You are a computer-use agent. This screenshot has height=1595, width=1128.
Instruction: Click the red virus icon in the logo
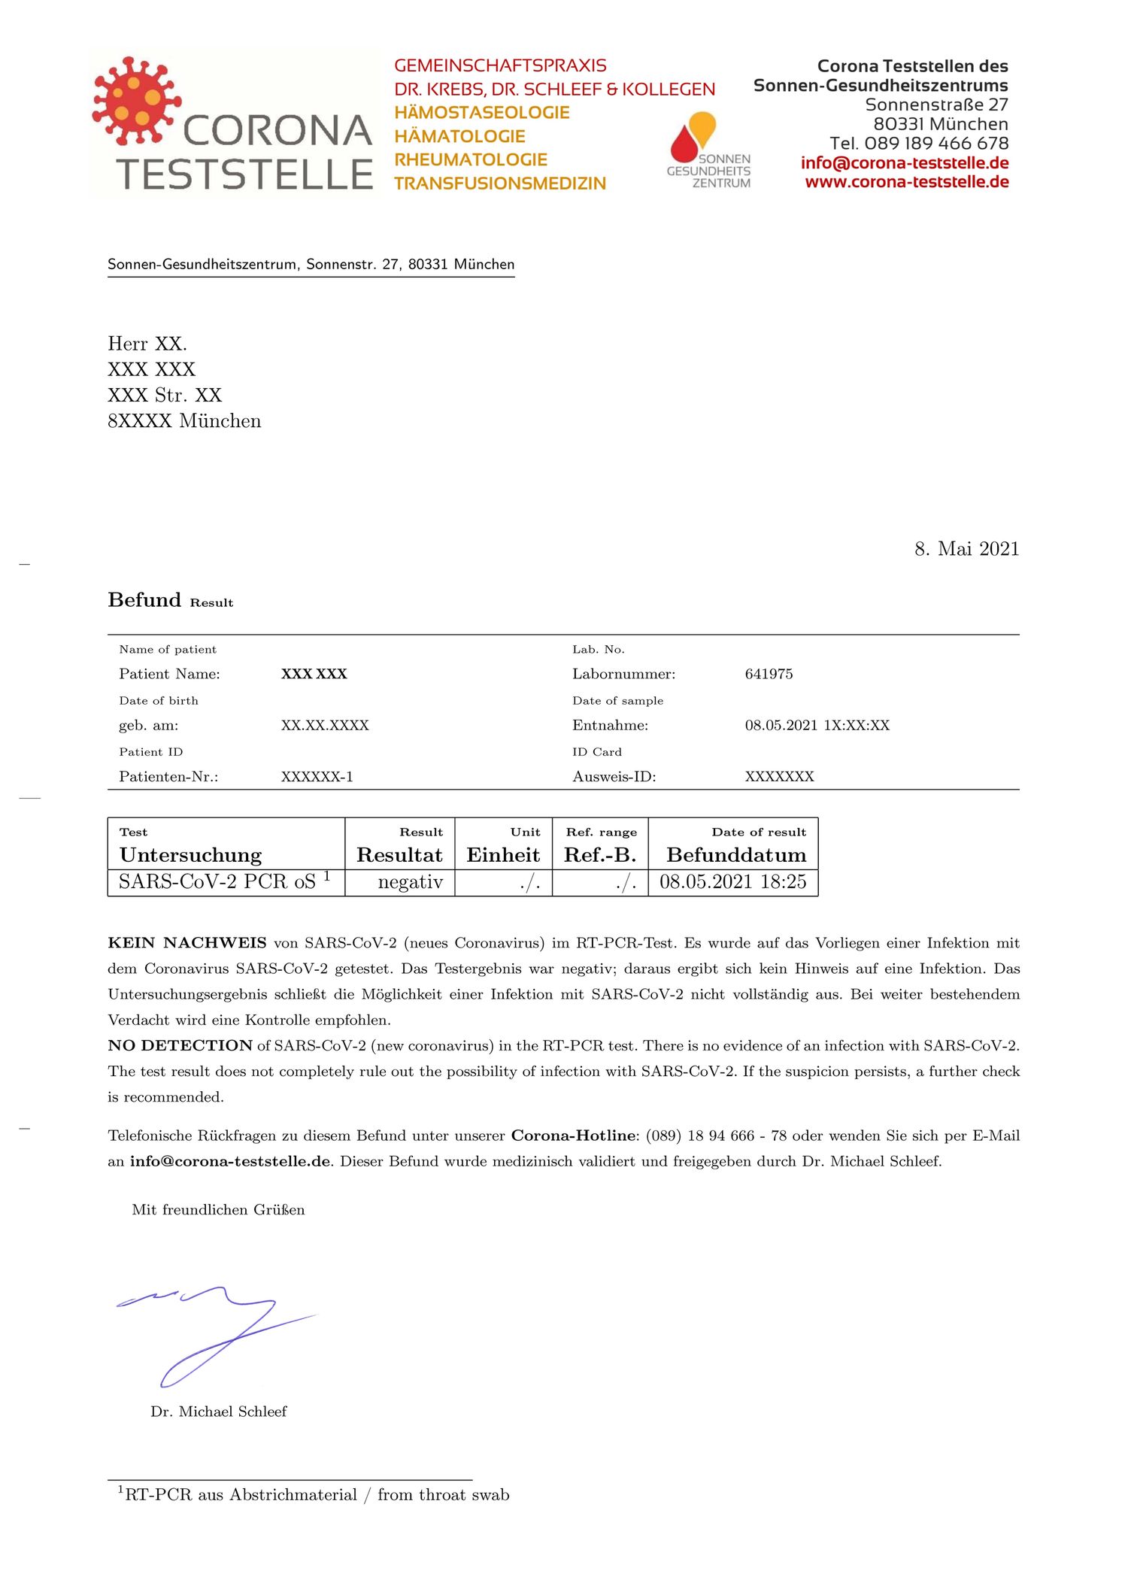pyautogui.click(x=135, y=99)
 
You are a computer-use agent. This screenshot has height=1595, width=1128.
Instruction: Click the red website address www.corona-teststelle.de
pyautogui.click(x=906, y=182)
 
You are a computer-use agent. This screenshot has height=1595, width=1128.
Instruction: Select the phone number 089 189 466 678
pyautogui.click(x=936, y=144)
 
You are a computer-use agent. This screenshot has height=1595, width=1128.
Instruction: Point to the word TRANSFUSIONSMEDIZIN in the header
pyautogui.click(x=500, y=183)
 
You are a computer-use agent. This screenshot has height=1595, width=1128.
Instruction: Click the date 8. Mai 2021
pyautogui.click(x=966, y=549)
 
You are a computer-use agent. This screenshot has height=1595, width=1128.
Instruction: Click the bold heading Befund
pyautogui.click(x=144, y=600)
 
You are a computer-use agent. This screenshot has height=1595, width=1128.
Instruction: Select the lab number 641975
pyautogui.click(x=769, y=674)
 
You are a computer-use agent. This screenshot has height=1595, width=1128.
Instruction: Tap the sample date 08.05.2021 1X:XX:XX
pyautogui.click(x=817, y=726)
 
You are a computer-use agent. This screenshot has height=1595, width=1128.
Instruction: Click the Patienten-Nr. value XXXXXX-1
pyautogui.click(x=317, y=777)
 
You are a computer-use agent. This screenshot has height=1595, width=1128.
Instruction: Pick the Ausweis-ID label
pyautogui.click(x=614, y=777)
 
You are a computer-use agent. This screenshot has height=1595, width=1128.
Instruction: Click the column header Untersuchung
pyautogui.click(x=190, y=855)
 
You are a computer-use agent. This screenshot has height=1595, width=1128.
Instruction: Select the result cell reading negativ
pyautogui.click(x=410, y=881)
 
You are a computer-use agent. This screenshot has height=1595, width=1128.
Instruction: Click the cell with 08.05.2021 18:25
pyautogui.click(x=732, y=881)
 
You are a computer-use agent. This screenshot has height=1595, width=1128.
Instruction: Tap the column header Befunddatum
pyautogui.click(x=735, y=855)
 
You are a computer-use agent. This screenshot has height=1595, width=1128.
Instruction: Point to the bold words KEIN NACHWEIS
pyautogui.click(x=187, y=943)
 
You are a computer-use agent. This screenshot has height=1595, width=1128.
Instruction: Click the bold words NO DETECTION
pyautogui.click(x=180, y=1045)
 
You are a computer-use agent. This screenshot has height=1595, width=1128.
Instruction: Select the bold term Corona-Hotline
pyautogui.click(x=573, y=1136)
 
